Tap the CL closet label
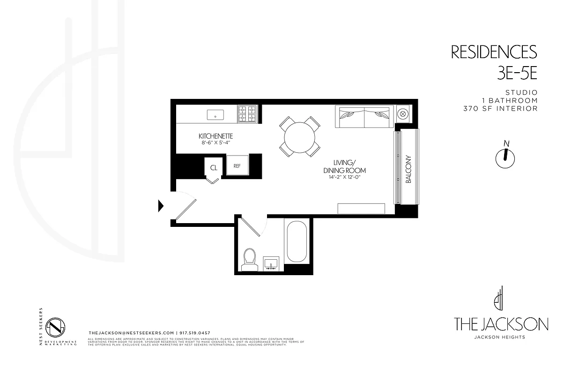[214, 167]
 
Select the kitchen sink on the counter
[215, 114]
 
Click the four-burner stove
[248, 114]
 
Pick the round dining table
[300, 136]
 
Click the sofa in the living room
[364, 117]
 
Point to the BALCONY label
[408, 169]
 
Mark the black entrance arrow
[161, 205]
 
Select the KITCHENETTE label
[215, 136]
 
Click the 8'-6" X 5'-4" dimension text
[215, 142]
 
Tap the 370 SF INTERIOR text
[500, 109]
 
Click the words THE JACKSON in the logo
[501, 324]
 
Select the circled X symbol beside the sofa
[402, 113]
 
